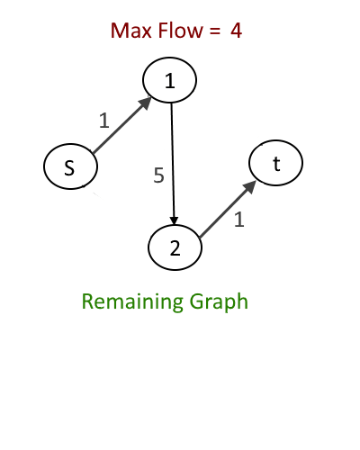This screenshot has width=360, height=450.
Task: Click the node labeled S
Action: (71, 166)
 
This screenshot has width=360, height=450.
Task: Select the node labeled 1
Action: (169, 80)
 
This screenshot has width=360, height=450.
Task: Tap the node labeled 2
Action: (175, 247)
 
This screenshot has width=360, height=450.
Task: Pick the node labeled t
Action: (275, 163)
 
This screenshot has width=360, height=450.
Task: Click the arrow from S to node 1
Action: (122, 125)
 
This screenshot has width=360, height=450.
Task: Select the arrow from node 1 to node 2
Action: (173, 164)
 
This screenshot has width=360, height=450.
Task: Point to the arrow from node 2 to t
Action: (228, 209)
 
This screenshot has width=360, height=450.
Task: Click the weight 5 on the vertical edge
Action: (158, 175)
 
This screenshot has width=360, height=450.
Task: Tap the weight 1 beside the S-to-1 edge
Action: (103, 121)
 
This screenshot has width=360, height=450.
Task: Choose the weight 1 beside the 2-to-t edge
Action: (238, 220)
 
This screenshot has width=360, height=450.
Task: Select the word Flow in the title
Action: (180, 31)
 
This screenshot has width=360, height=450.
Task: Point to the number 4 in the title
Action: (237, 31)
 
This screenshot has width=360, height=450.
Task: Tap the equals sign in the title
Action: (215, 31)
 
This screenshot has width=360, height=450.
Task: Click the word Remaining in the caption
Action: (132, 301)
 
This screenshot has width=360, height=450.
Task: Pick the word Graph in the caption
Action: (219, 302)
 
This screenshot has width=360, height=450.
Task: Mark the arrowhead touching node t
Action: (249, 186)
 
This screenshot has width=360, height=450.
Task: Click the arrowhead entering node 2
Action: (175, 221)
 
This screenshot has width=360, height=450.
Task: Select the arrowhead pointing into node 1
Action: (146, 103)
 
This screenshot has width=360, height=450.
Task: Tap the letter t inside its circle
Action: (276, 164)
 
